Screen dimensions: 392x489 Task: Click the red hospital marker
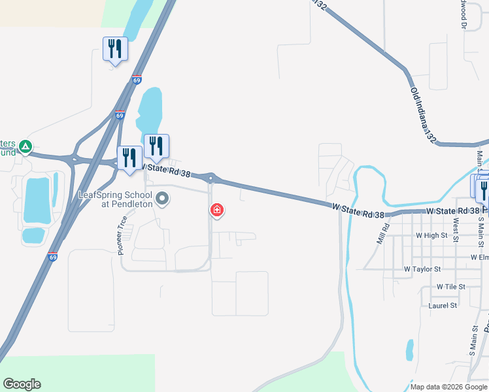tap(216, 210)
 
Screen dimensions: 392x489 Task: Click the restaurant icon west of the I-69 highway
tap(116, 49)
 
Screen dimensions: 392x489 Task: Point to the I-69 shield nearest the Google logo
tap(52, 257)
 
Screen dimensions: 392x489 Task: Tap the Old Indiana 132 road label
tap(422, 115)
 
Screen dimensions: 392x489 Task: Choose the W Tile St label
tap(450, 286)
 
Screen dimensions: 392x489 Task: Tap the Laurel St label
tap(443, 305)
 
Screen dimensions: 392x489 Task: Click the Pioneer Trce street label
tap(122, 239)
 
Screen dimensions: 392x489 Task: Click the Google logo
tap(22, 384)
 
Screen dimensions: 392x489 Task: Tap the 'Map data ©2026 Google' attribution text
tap(449, 387)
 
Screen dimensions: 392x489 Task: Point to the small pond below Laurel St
tap(409, 350)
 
